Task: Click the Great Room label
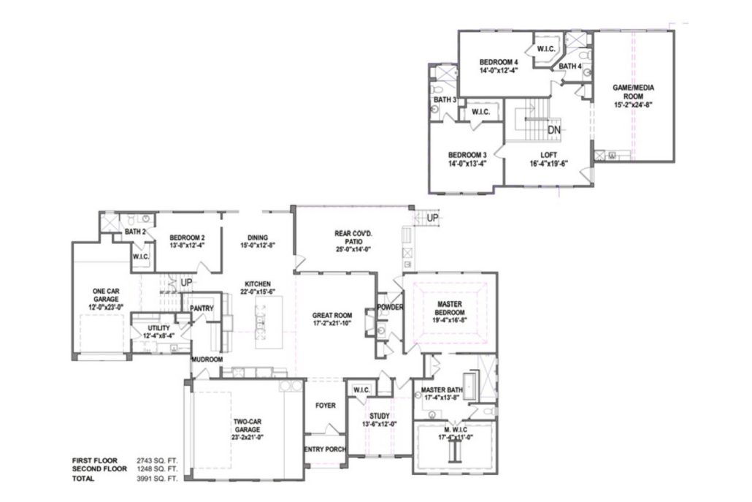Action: coord(332,316)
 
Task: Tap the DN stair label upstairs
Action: coord(554,129)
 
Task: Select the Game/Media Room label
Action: coord(633,91)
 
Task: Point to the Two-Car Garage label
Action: coord(248,426)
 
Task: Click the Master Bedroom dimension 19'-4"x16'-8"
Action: coord(450,320)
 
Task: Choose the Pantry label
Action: coord(202,308)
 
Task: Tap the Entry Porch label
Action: coord(325,449)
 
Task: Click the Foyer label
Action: coord(325,406)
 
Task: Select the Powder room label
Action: coord(390,307)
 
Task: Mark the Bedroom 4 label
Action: coord(499,62)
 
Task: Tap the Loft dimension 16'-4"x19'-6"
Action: coord(548,163)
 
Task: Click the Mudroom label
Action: coord(207,360)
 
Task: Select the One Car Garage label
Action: coord(106,294)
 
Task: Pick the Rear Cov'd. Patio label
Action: coord(353,237)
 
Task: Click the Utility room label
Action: coord(158,328)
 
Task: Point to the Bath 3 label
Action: coord(445,100)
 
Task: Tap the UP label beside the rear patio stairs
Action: coord(433,218)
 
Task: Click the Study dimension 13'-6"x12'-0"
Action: coord(380,424)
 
